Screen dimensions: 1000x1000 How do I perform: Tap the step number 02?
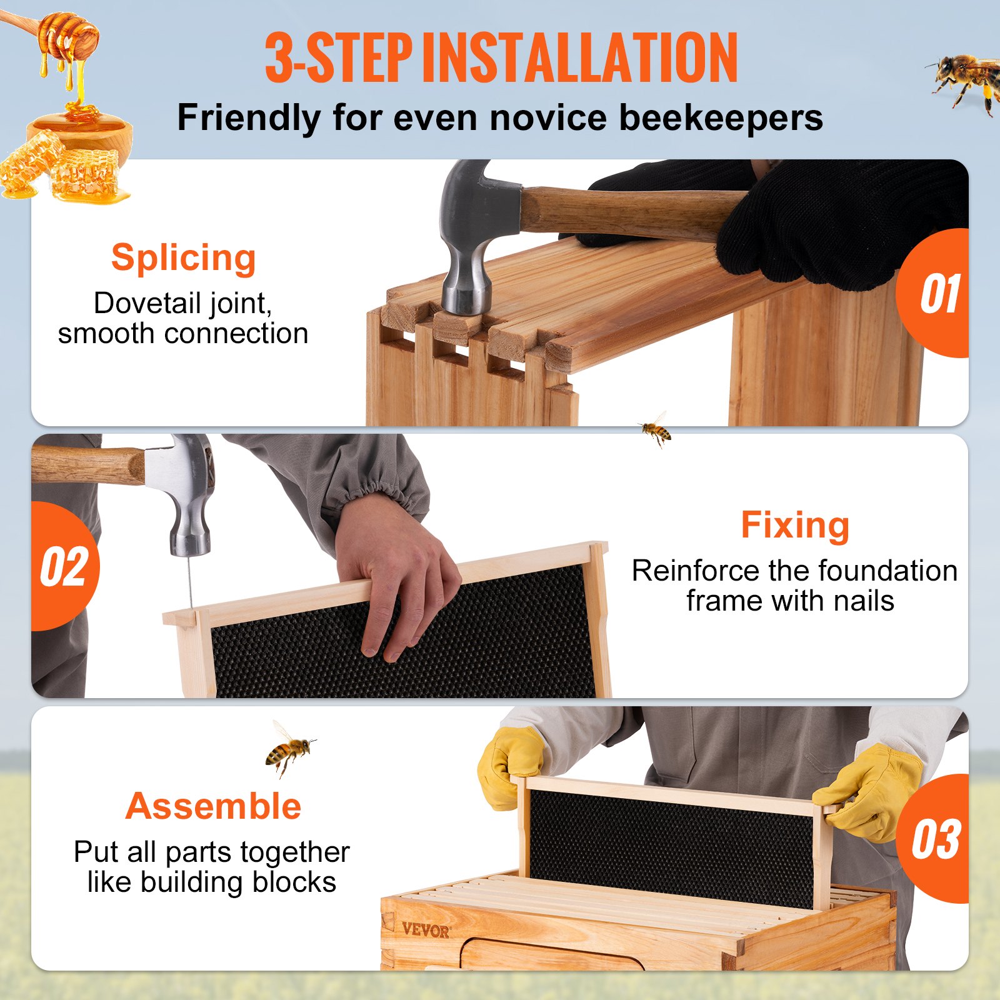pos(64,567)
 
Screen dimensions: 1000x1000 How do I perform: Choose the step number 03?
pos(935,839)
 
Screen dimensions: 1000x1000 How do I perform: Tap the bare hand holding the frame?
pos(394,581)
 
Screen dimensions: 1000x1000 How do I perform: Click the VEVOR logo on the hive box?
pos(425,930)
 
